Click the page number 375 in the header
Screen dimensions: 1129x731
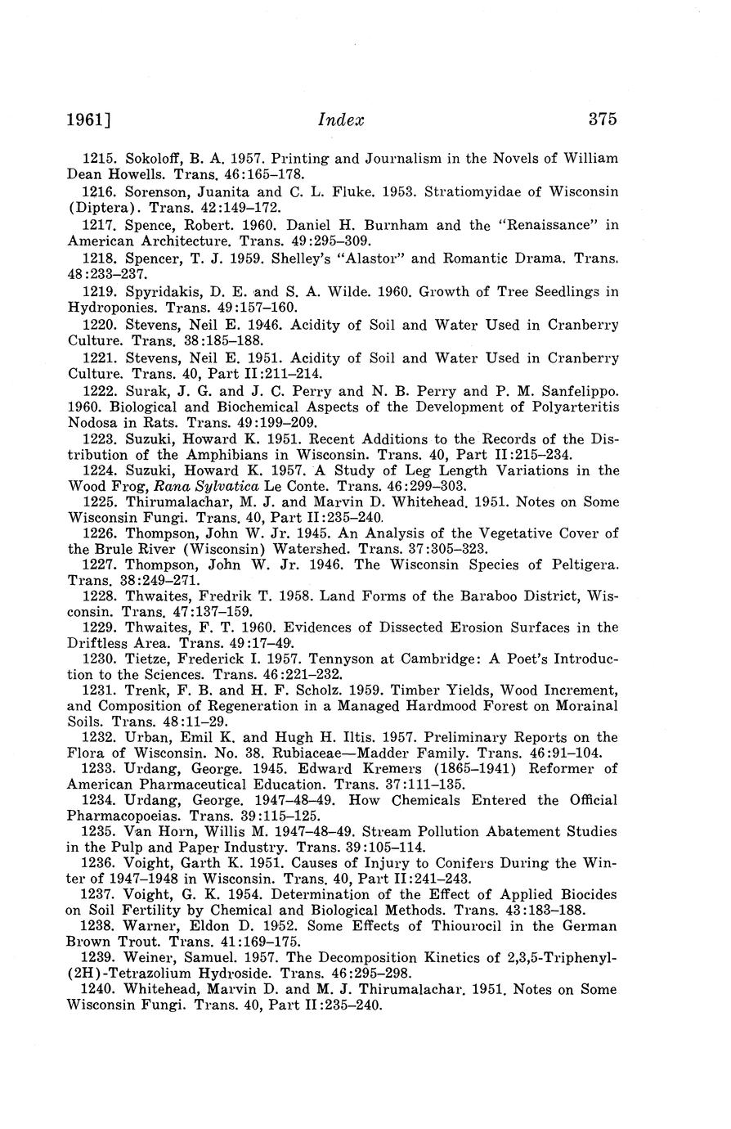coord(602,119)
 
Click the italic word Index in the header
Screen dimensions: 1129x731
coord(340,120)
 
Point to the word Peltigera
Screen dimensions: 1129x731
coord(580,565)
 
